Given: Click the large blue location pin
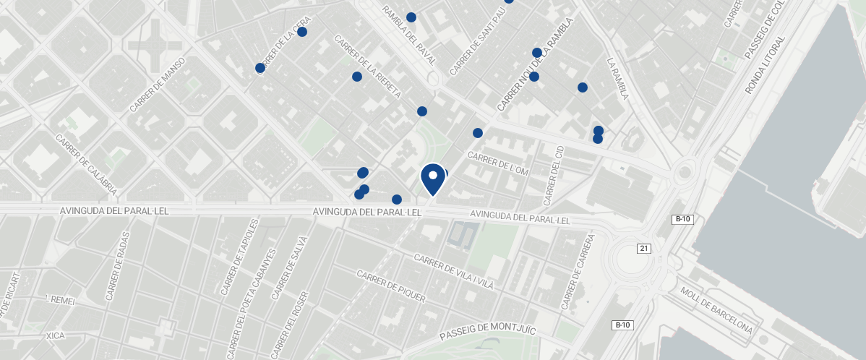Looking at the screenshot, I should (432, 179).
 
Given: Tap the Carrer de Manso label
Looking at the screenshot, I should (158, 85).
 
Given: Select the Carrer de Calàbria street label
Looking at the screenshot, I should (85, 166).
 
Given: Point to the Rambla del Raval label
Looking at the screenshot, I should (409, 35).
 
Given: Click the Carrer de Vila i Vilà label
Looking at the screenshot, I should (453, 271).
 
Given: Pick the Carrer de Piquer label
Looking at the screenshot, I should (390, 286).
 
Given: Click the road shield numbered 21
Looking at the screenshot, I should (644, 249).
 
